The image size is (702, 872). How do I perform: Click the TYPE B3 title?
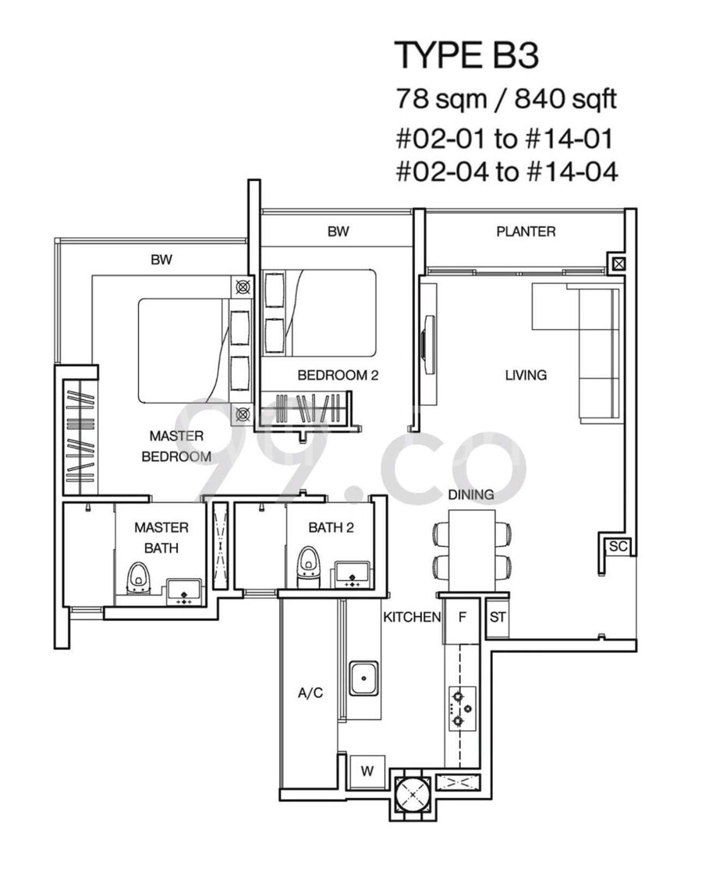click(x=466, y=55)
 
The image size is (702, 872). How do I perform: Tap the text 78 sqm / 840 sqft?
click(x=505, y=100)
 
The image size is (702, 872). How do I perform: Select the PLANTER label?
click(x=526, y=232)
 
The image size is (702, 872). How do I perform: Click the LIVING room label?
click(x=526, y=375)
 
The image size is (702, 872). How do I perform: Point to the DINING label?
click(x=471, y=494)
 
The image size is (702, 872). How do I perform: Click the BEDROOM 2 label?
click(x=338, y=375)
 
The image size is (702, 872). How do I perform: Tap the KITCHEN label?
click(x=412, y=617)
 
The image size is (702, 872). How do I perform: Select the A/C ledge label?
click(x=310, y=693)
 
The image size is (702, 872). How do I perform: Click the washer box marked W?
click(x=367, y=771)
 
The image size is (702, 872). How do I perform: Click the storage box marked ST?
click(x=498, y=617)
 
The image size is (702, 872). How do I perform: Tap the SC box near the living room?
click(x=618, y=547)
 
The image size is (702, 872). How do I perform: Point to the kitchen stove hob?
click(x=463, y=708)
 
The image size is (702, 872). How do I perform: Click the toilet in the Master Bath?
click(x=136, y=577)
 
